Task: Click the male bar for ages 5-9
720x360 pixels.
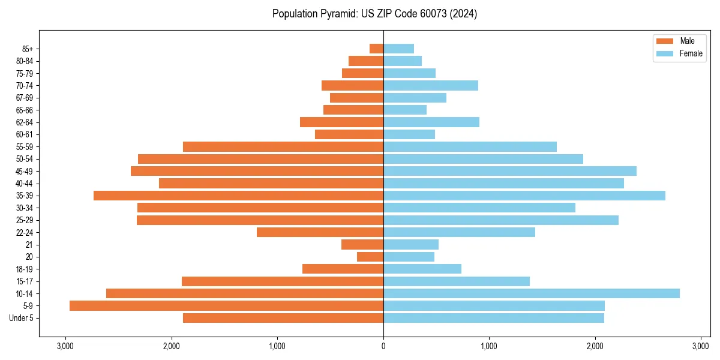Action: point(226,306)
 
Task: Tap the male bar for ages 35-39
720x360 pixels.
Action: point(238,196)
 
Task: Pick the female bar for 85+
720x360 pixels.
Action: point(398,49)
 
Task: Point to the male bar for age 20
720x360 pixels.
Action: point(370,257)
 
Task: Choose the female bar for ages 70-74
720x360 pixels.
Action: point(430,85)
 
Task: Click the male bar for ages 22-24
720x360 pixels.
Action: point(320,232)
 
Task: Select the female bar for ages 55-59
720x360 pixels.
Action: point(470,146)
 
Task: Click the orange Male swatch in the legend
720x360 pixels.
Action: point(665,41)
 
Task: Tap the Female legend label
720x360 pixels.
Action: point(691,53)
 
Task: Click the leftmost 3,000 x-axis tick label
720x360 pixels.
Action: point(65,346)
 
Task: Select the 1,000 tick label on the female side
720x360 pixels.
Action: point(489,346)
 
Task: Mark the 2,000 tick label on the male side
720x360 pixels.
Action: point(172,346)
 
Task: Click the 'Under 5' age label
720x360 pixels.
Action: point(22,318)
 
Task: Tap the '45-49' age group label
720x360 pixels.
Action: point(25,171)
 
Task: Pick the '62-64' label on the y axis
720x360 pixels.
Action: point(25,122)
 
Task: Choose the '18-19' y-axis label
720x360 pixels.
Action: point(25,269)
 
